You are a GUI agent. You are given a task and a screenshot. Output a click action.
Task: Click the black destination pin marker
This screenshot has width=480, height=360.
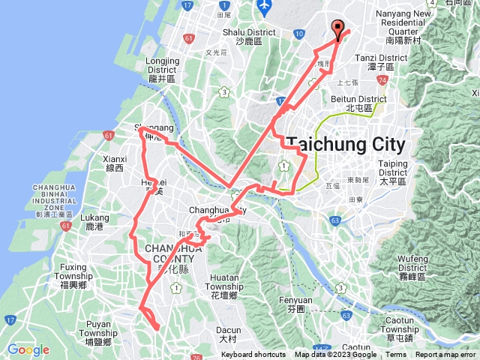click(x=337, y=29)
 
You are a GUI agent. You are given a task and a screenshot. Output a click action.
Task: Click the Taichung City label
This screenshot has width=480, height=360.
click(x=346, y=144)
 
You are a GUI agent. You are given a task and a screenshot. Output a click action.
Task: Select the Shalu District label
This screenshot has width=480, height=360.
click(x=245, y=37)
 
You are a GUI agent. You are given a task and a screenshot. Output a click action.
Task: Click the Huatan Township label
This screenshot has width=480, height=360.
click(x=225, y=282)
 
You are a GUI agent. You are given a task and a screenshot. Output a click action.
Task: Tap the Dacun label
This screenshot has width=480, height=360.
click(x=228, y=334)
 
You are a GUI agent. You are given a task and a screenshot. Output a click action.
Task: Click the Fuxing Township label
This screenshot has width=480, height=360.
click(x=73, y=271)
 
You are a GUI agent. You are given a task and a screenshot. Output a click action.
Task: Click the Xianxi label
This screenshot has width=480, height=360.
click(x=115, y=163)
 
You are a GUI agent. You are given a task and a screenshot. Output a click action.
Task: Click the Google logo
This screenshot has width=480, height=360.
click(x=28, y=349)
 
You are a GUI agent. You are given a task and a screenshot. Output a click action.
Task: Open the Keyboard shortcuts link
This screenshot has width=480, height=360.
click(x=253, y=355)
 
